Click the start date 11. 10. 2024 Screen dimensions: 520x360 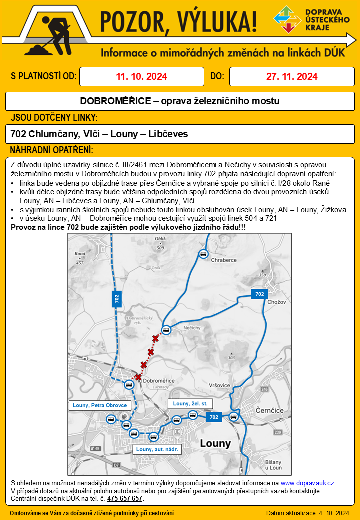141,76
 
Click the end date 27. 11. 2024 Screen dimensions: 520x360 292,76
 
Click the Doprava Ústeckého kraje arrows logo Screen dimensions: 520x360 286,19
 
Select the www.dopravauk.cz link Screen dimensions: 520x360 307,483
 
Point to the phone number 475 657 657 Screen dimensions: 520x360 125,498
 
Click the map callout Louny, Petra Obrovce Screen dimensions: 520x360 100,405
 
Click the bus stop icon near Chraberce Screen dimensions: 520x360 203,254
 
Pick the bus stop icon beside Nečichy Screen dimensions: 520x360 167,329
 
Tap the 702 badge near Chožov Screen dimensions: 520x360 259,294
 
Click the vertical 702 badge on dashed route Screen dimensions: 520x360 117,299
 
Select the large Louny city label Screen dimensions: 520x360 215,443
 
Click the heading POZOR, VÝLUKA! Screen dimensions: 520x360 179,21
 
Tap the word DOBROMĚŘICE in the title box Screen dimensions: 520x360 115,101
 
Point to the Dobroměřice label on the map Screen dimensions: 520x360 159,381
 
